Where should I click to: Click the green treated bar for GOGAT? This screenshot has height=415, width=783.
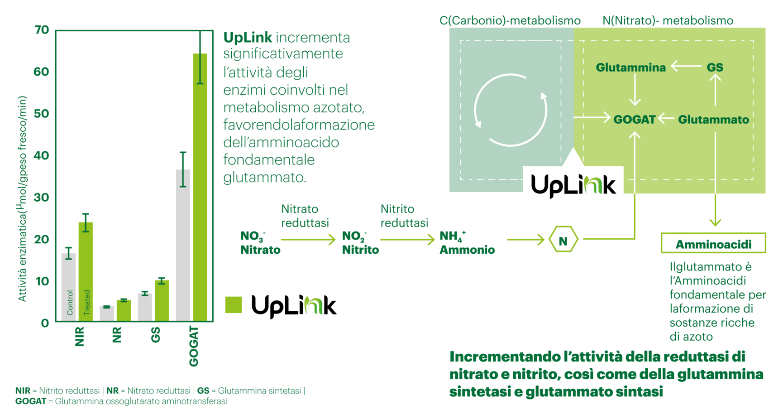tap(200, 187)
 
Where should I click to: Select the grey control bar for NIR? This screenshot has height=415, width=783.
tap(69, 287)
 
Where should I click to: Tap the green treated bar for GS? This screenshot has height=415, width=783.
tap(162, 301)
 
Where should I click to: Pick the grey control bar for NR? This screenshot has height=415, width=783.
tap(107, 314)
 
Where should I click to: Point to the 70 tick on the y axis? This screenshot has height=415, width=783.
tap(42, 30)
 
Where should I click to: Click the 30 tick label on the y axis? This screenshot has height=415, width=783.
tap(42, 197)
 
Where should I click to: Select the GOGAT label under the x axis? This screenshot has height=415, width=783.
tap(194, 346)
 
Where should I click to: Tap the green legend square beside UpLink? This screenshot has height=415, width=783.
tap(234, 304)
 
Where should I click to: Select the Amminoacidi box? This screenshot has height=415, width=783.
tap(713, 243)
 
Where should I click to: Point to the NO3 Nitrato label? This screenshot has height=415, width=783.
tap(260, 243)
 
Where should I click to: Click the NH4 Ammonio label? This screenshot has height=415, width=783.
tap(467, 243)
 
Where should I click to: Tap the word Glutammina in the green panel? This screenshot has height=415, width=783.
tap(630, 68)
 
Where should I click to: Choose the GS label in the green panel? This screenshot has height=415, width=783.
tap(715, 68)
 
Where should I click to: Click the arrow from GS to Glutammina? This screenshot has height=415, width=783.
tap(686, 67)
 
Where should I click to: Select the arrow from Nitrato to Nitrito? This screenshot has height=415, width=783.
tap(308, 239)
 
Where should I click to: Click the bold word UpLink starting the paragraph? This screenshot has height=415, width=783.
tap(248, 38)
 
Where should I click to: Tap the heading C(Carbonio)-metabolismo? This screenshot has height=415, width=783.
tap(510, 21)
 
